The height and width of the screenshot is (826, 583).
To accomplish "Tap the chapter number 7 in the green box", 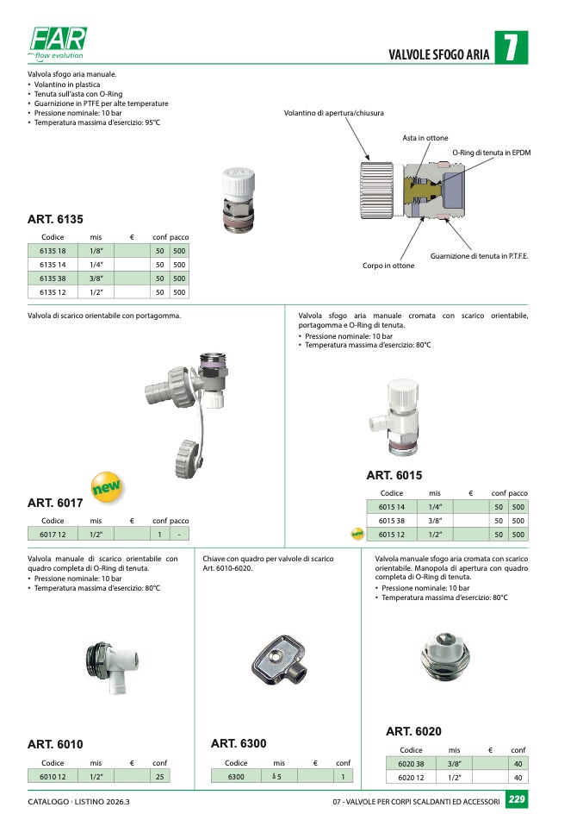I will tap(511, 49).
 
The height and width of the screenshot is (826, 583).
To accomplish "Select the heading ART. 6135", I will tap(55, 220).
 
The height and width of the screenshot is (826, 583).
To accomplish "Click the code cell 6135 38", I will tap(53, 278).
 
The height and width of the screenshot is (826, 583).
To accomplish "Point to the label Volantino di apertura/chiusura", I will tap(334, 114).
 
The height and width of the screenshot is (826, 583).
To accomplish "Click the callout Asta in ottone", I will tap(425, 138).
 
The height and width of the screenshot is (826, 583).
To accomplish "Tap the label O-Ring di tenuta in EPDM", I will tap(492, 153).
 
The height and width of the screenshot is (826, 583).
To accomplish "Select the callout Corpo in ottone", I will tap(388, 266).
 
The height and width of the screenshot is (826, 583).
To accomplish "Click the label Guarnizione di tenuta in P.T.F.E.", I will tap(480, 257).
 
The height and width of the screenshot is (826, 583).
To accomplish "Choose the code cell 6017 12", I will tap(53, 535).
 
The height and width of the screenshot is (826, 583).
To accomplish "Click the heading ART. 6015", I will tap(394, 475).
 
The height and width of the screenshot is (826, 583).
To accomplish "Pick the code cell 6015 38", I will tap(392, 521).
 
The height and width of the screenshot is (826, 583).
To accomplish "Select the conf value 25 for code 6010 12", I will tap(159, 777).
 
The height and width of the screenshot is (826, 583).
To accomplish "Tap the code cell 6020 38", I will tap(412, 764).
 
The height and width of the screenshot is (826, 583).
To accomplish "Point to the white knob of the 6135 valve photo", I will tap(238, 179).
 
